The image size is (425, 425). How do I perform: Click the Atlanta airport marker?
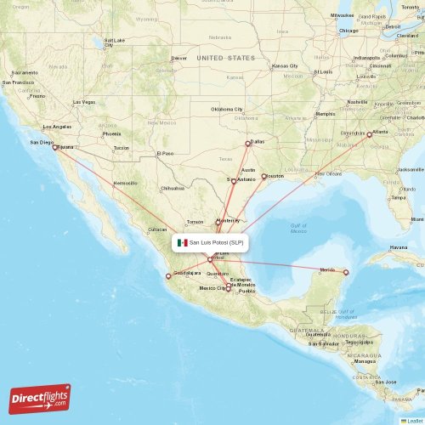coord(369,133)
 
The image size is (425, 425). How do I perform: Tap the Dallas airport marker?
coord(247,143)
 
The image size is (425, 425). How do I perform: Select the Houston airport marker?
coord(263,177)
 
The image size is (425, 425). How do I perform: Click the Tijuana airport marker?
coord(55,147)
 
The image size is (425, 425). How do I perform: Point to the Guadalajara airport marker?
coord(168,276)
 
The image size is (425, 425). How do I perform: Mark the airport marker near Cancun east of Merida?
coord(346,272)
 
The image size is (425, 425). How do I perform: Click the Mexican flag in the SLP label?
coord(182,242)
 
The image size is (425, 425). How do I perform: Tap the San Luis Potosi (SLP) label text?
coord(217,242)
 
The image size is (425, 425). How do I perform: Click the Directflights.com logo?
coord(40,398)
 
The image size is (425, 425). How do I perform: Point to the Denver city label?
coord(178,58)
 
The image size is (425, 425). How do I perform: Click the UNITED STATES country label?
coord(225,58)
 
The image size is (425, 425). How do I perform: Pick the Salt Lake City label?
coord(114,42)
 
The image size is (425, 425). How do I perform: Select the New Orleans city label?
coord(328,173)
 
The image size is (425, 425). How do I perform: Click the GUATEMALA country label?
coord(303,330)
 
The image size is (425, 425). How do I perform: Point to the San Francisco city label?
coord(19,82)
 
